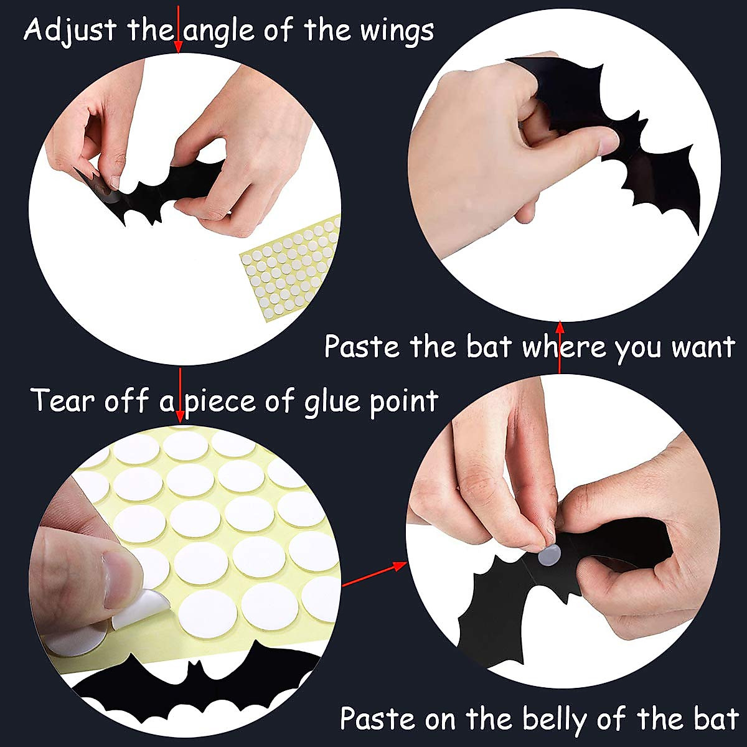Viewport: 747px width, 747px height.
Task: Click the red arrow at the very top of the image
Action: (x=178, y=28)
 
